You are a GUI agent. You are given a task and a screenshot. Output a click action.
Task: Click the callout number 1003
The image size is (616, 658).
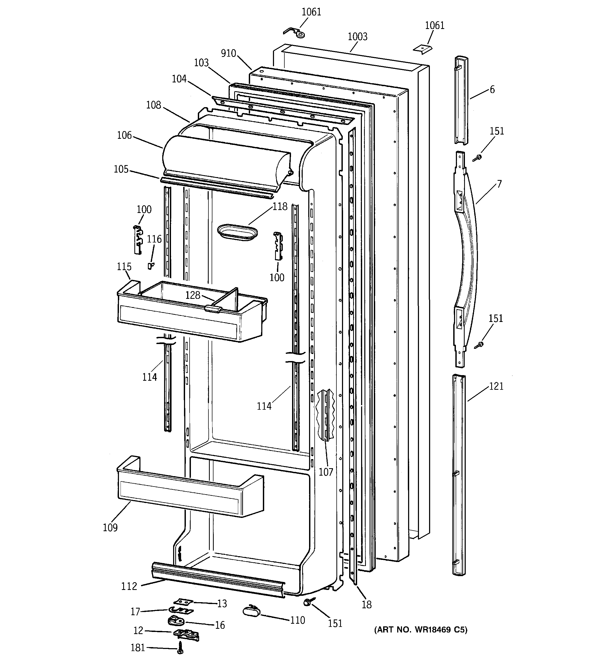(x=357, y=36)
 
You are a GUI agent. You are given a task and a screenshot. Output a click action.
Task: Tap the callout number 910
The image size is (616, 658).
(x=229, y=53)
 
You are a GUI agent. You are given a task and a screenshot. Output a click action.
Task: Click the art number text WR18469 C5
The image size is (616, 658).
(x=421, y=630)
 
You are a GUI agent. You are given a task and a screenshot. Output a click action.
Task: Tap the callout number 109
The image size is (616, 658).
(x=110, y=527)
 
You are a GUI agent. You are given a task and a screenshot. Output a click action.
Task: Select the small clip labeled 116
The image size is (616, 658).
(x=151, y=265)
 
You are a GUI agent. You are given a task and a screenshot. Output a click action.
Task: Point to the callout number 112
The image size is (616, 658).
(x=129, y=586)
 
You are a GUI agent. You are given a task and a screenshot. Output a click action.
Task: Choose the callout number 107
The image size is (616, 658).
(x=326, y=472)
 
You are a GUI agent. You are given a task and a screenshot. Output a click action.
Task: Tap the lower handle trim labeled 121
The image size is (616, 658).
(x=459, y=473)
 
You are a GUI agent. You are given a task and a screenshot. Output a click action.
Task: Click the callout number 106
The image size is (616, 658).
(x=124, y=135)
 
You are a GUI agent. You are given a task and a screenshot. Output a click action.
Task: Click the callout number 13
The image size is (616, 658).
(x=222, y=603)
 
